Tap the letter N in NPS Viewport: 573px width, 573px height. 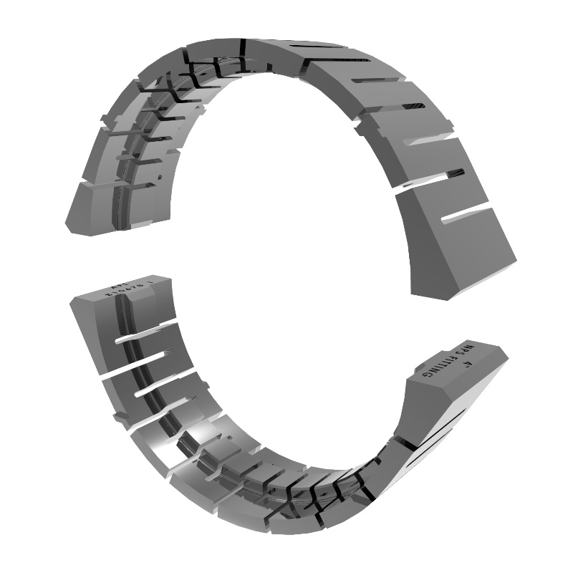(471, 347)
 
